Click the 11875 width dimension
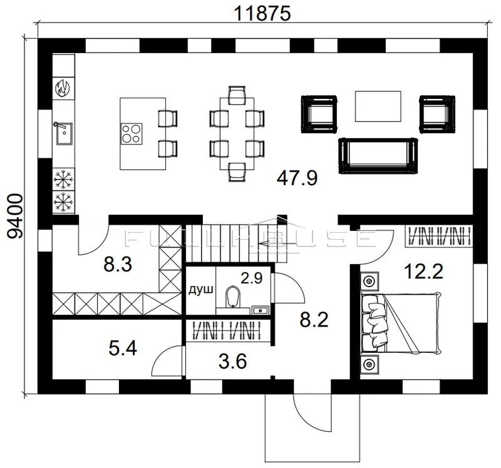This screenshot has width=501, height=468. [x=262, y=13]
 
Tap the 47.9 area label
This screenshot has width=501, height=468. [x=297, y=178]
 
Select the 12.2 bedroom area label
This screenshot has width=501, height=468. [x=423, y=272]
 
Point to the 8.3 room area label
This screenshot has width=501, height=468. [x=118, y=265]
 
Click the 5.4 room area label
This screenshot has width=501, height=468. [x=123, y=348]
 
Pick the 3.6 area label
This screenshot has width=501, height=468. [x=232, y=362]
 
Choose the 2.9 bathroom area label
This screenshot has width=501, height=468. [x=252, y=278]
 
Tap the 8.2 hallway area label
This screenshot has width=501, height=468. [x=314, y=320]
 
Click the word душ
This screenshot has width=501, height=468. [x=200, y=290]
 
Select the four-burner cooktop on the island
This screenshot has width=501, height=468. [x=132, y=134]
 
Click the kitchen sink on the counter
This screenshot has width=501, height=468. [x=64, y=133]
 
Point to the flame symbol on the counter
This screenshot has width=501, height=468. [x=63, y=88]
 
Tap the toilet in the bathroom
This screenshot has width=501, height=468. [x=232, y=297]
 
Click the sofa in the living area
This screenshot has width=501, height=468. [x=378, y=156]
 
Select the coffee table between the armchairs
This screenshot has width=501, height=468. [x=378, y=106]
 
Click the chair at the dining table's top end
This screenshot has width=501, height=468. [x=237, y=95]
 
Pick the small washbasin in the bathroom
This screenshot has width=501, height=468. [x=261, y=310]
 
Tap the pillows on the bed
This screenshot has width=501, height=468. [x=374, y=323]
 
